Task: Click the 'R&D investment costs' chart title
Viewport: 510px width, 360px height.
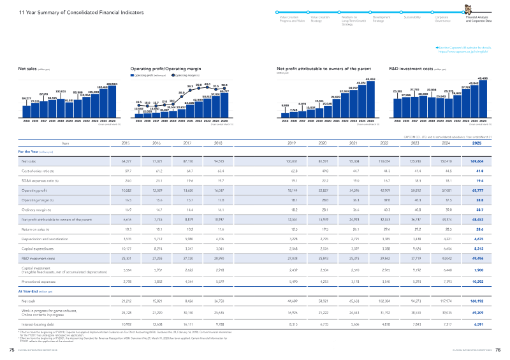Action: pos(409,66)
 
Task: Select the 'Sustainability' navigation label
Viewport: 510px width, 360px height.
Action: pos(414,18)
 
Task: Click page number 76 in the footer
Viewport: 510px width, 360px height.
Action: pos(499,350)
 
